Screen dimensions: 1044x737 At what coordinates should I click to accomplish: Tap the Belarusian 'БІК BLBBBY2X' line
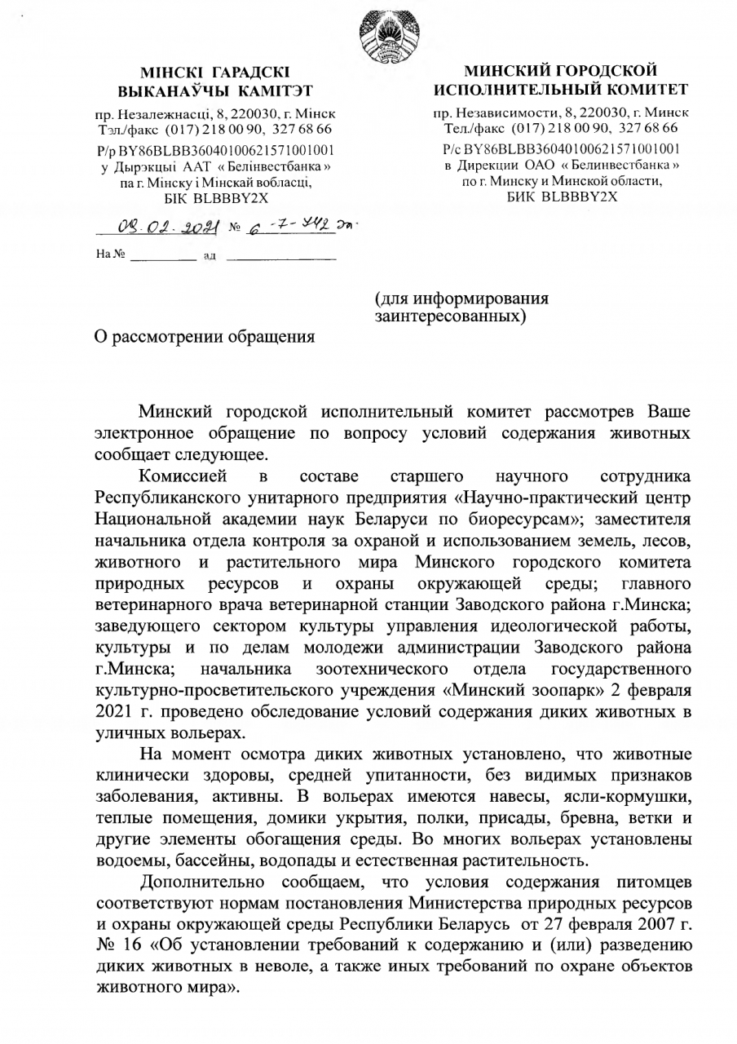coord(214,197)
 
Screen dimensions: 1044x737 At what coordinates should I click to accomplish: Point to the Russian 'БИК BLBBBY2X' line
coord(559,197)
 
